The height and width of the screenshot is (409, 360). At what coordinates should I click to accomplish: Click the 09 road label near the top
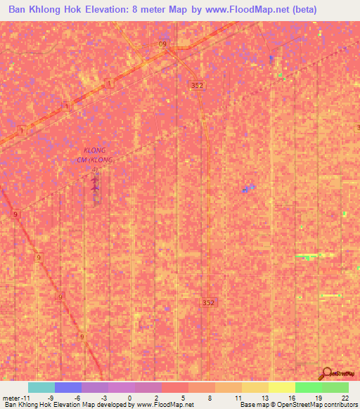click(163, 44)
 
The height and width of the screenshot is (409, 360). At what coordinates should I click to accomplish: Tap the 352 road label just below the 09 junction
click(197, 84)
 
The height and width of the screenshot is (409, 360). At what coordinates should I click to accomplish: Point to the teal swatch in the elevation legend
click(41, 387)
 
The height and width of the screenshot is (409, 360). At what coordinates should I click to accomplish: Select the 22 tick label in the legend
click(345, 397)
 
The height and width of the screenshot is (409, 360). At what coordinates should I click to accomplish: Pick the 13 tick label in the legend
click(264, 397)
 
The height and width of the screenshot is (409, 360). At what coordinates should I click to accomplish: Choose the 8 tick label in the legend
click(210, 397)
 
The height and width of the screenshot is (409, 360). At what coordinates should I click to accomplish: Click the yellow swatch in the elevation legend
click(281, 387)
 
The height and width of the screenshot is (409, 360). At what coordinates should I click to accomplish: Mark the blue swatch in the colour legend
click(67, 387)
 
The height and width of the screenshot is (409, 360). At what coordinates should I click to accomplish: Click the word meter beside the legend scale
click(12, 397)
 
